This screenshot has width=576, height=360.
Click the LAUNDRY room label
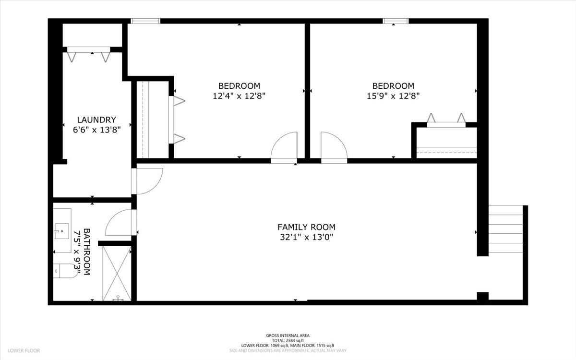coord(96,120)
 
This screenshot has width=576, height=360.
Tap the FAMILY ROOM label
coord(306,227)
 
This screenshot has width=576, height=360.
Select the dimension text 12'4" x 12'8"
coord(239,96)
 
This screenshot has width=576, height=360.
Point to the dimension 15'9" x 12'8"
coord(393,96)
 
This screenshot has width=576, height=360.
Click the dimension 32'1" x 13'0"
coord(306,237)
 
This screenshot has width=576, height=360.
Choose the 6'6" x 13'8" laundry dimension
coord(96,129)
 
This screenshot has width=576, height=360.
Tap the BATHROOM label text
coord(87,252)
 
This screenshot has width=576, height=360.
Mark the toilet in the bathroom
coord(62,271)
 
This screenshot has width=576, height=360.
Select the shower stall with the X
coord(116,273)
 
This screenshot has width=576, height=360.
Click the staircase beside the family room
coord(505,229)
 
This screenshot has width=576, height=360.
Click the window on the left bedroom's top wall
coord(145,21)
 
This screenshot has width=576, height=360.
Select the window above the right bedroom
coord(396,21)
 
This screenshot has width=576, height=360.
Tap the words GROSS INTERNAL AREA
coord(288,336)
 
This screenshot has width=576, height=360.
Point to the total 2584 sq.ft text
coord(288,340)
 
